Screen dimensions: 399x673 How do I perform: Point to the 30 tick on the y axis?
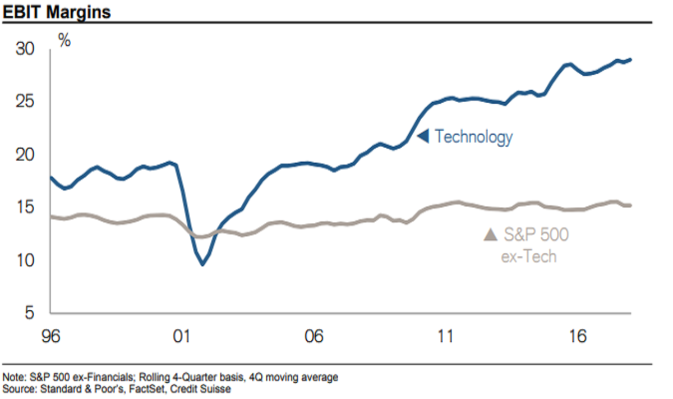26,49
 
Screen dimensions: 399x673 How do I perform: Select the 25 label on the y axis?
26,102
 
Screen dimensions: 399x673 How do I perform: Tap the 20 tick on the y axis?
26,155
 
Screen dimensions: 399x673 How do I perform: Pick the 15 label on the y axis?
26,208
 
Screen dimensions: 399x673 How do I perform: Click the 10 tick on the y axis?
26,260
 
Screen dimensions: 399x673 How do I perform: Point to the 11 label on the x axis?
445,337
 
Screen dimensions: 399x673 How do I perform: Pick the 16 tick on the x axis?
577,337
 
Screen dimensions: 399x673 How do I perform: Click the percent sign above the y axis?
64,40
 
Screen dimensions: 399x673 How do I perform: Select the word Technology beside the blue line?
473,136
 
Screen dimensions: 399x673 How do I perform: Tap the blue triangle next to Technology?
423,136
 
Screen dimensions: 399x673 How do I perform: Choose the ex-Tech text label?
528,256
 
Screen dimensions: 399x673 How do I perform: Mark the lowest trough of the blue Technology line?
202,264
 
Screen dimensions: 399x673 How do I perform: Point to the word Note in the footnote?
13,377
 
